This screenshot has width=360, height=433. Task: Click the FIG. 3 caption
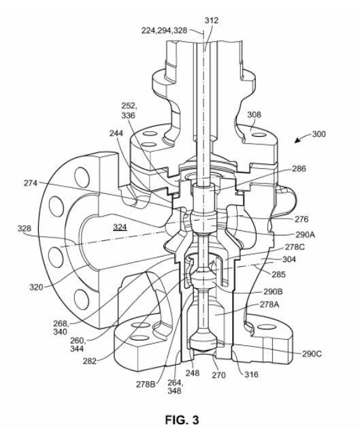click(182, 420)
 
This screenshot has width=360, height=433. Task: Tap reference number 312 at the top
click(212, 20)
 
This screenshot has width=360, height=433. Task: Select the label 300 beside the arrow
click(319, 134)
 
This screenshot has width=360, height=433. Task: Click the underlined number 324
click(120, 227)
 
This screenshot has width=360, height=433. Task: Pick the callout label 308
click(254, 114)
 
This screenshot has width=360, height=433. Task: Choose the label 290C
click(312, 354)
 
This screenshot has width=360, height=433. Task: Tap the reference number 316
click(251, 374)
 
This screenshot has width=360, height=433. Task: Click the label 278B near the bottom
click(146, 384)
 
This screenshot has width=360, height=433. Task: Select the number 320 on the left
click(36, 287)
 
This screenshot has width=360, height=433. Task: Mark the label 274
click(31, 183)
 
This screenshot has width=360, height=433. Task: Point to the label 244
click(116, 133)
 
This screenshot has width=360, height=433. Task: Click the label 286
click(299, 168)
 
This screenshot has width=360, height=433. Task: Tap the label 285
click(278, 274)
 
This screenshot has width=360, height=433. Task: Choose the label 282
click(90, 361)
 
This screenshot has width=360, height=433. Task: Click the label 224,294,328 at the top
click(165, 31)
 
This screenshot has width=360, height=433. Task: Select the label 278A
click(269, 304)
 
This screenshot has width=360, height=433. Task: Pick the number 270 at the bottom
click(218, 374)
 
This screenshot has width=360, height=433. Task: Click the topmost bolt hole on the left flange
click(82, 178)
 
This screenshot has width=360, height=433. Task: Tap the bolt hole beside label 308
click(259, 135)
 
